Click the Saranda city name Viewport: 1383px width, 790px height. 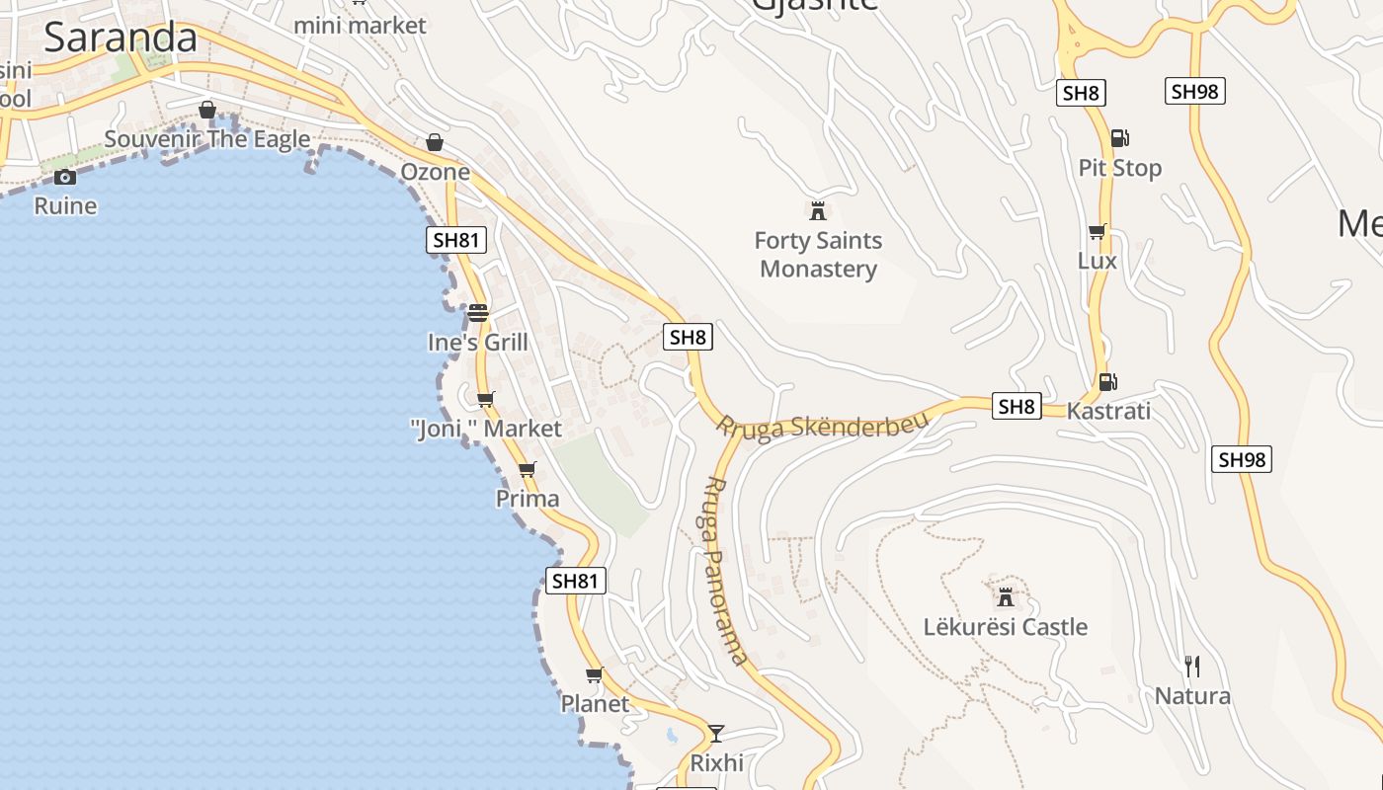121,38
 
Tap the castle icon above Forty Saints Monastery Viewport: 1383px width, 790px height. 817,210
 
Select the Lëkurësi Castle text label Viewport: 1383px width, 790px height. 1005,627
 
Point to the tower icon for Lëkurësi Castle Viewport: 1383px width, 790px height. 1005,596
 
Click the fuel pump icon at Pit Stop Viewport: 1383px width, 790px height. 1119,138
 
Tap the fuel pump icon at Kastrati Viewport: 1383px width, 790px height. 1107,381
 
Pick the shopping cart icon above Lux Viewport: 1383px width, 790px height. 1097,232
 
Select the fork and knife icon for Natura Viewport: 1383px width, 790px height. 1192,667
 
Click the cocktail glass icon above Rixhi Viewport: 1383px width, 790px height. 716,733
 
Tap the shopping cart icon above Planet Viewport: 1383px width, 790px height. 594,674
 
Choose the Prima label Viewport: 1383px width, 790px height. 528,499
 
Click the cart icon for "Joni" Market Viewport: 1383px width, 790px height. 485,399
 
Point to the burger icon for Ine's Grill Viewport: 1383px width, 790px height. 478,313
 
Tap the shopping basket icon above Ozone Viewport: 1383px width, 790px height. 435,143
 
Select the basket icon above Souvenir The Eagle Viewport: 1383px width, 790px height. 207,110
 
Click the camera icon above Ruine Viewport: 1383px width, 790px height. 65,177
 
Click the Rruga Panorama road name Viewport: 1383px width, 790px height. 727,571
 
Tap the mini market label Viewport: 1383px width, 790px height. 360,25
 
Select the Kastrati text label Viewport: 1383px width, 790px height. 1108,411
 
